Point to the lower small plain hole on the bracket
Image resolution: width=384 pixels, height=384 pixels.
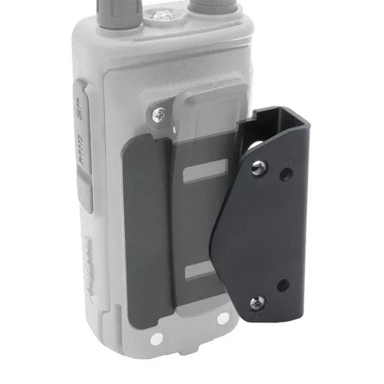click(x=283, y=285)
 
